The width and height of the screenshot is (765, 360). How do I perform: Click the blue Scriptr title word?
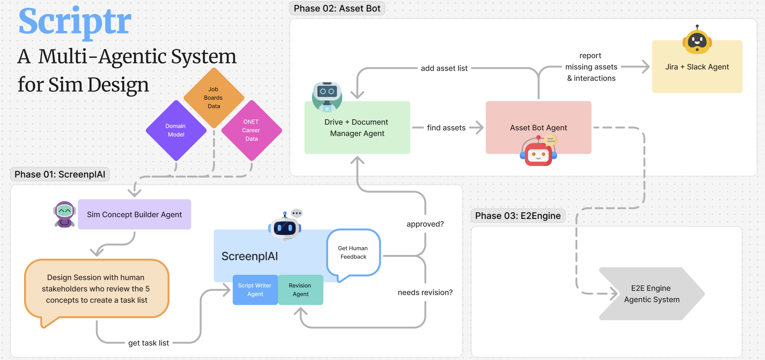point(75,22)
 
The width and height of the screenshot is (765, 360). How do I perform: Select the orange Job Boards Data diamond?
point(214,98)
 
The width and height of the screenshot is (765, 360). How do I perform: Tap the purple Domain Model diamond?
point(176,130)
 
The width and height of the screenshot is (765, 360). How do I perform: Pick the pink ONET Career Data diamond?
point(251,130)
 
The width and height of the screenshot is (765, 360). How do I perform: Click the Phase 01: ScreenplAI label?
point(60,174)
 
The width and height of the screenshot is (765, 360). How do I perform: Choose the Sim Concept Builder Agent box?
point(134,214)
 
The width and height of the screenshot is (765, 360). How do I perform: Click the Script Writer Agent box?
point(255,290)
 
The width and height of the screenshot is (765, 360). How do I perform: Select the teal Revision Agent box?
point(300,290)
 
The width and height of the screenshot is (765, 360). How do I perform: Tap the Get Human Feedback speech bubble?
point(353,253)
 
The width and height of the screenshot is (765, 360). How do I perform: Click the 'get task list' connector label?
point(149,343)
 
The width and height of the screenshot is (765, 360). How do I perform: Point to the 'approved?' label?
point(425,224)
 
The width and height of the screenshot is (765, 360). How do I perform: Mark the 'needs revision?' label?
point(425,293)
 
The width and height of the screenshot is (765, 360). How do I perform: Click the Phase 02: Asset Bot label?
point(337,8)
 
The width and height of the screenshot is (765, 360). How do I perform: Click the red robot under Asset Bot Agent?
point(538,152)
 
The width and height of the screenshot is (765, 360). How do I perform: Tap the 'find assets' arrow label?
point(446,128)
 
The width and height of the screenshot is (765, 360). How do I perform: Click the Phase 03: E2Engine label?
point(518,216)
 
